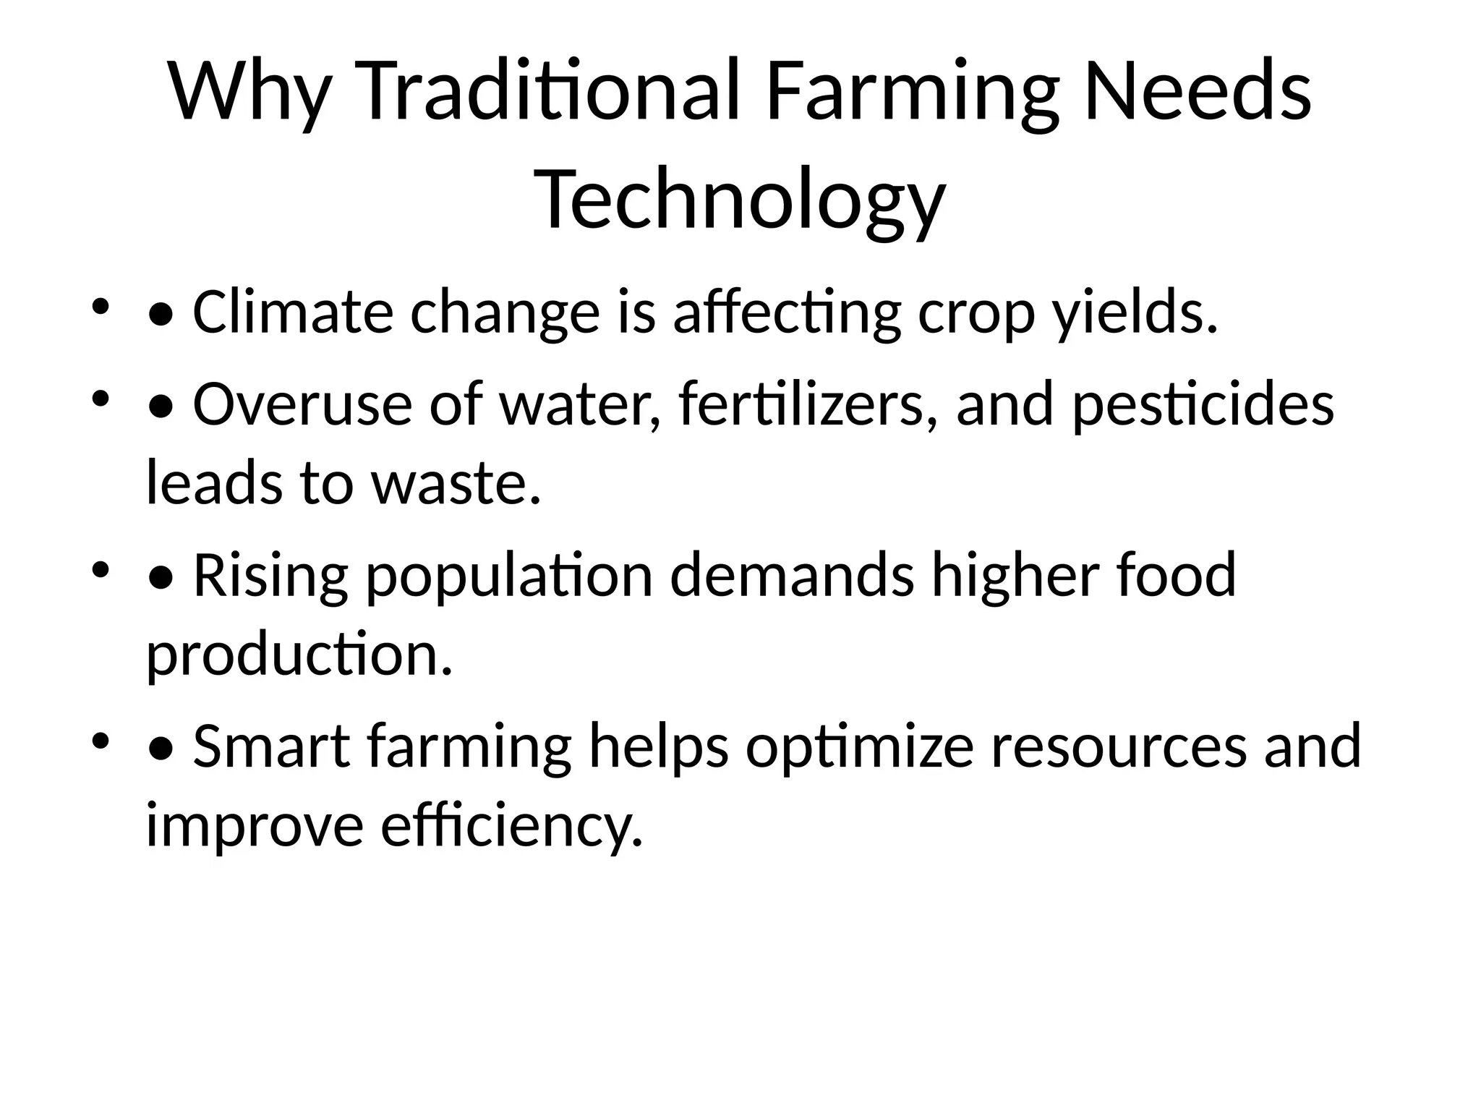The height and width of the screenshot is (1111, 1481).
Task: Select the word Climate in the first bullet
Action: pyautogui.click(x=293, y=312)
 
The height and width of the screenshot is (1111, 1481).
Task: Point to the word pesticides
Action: pyautogui.click(x=1203, y=404)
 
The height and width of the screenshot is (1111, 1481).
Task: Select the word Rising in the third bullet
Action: pyautogui.click(x=270, y=575)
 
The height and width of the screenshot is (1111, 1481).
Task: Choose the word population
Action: pyautogui.click(x=510, y=575)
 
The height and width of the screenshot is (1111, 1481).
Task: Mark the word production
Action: pyautogui.click(x=299, y=654)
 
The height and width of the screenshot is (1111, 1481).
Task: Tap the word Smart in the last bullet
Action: pyautogui.click(x=271, y=746)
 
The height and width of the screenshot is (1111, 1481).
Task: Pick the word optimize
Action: pyautogui.click(x=860, y=746)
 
